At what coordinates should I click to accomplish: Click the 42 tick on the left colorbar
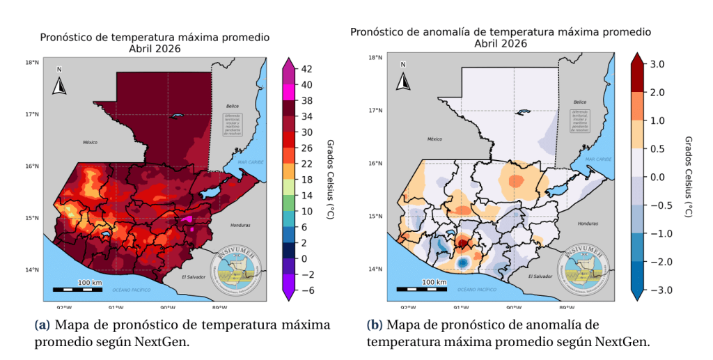[306, 69]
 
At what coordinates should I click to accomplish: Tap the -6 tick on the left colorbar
[306, 290]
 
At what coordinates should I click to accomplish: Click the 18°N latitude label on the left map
[32, 63]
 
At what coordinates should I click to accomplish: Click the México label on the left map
[90, 142]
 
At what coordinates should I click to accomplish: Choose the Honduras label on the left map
[240, 226]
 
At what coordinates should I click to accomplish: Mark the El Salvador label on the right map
[540, 276]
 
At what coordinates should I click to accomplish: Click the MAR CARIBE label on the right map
[597, 159]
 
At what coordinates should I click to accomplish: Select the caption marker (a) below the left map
[42, 326]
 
